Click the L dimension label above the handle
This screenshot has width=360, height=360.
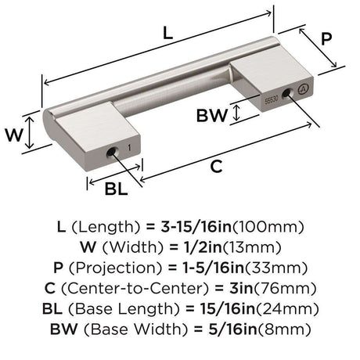pos(167,33)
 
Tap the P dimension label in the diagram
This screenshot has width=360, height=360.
pos(326,38)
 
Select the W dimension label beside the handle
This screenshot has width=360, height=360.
pos(14,135)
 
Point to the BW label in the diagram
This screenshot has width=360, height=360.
pos(212,116)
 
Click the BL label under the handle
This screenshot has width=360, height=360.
pos(117,189)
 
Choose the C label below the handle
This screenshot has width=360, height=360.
pos(216,167)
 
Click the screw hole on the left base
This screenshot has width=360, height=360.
pos(112,152)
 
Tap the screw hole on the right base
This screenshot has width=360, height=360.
pos(286,93)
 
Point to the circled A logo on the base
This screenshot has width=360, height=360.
pos(303,88)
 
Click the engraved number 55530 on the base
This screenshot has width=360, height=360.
pos(272,100)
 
